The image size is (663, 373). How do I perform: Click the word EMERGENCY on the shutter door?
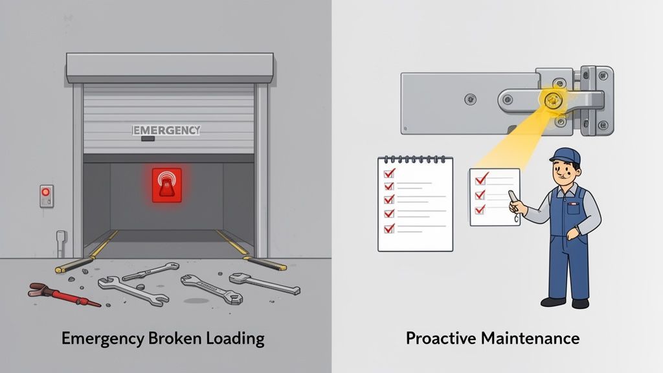pos(166,130)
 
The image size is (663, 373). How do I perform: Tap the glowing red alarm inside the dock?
pos(166,185)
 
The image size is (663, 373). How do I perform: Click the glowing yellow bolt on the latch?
pos(551,100)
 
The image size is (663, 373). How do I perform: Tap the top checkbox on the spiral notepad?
pos(389,174)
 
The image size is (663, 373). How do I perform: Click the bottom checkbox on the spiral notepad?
pos(389,228)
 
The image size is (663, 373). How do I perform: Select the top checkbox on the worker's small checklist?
pos(480,179)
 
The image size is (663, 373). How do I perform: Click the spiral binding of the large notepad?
pos(415,158)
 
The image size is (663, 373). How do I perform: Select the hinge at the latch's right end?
pos(596,100)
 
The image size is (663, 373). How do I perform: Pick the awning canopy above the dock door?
pos(170,67)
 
